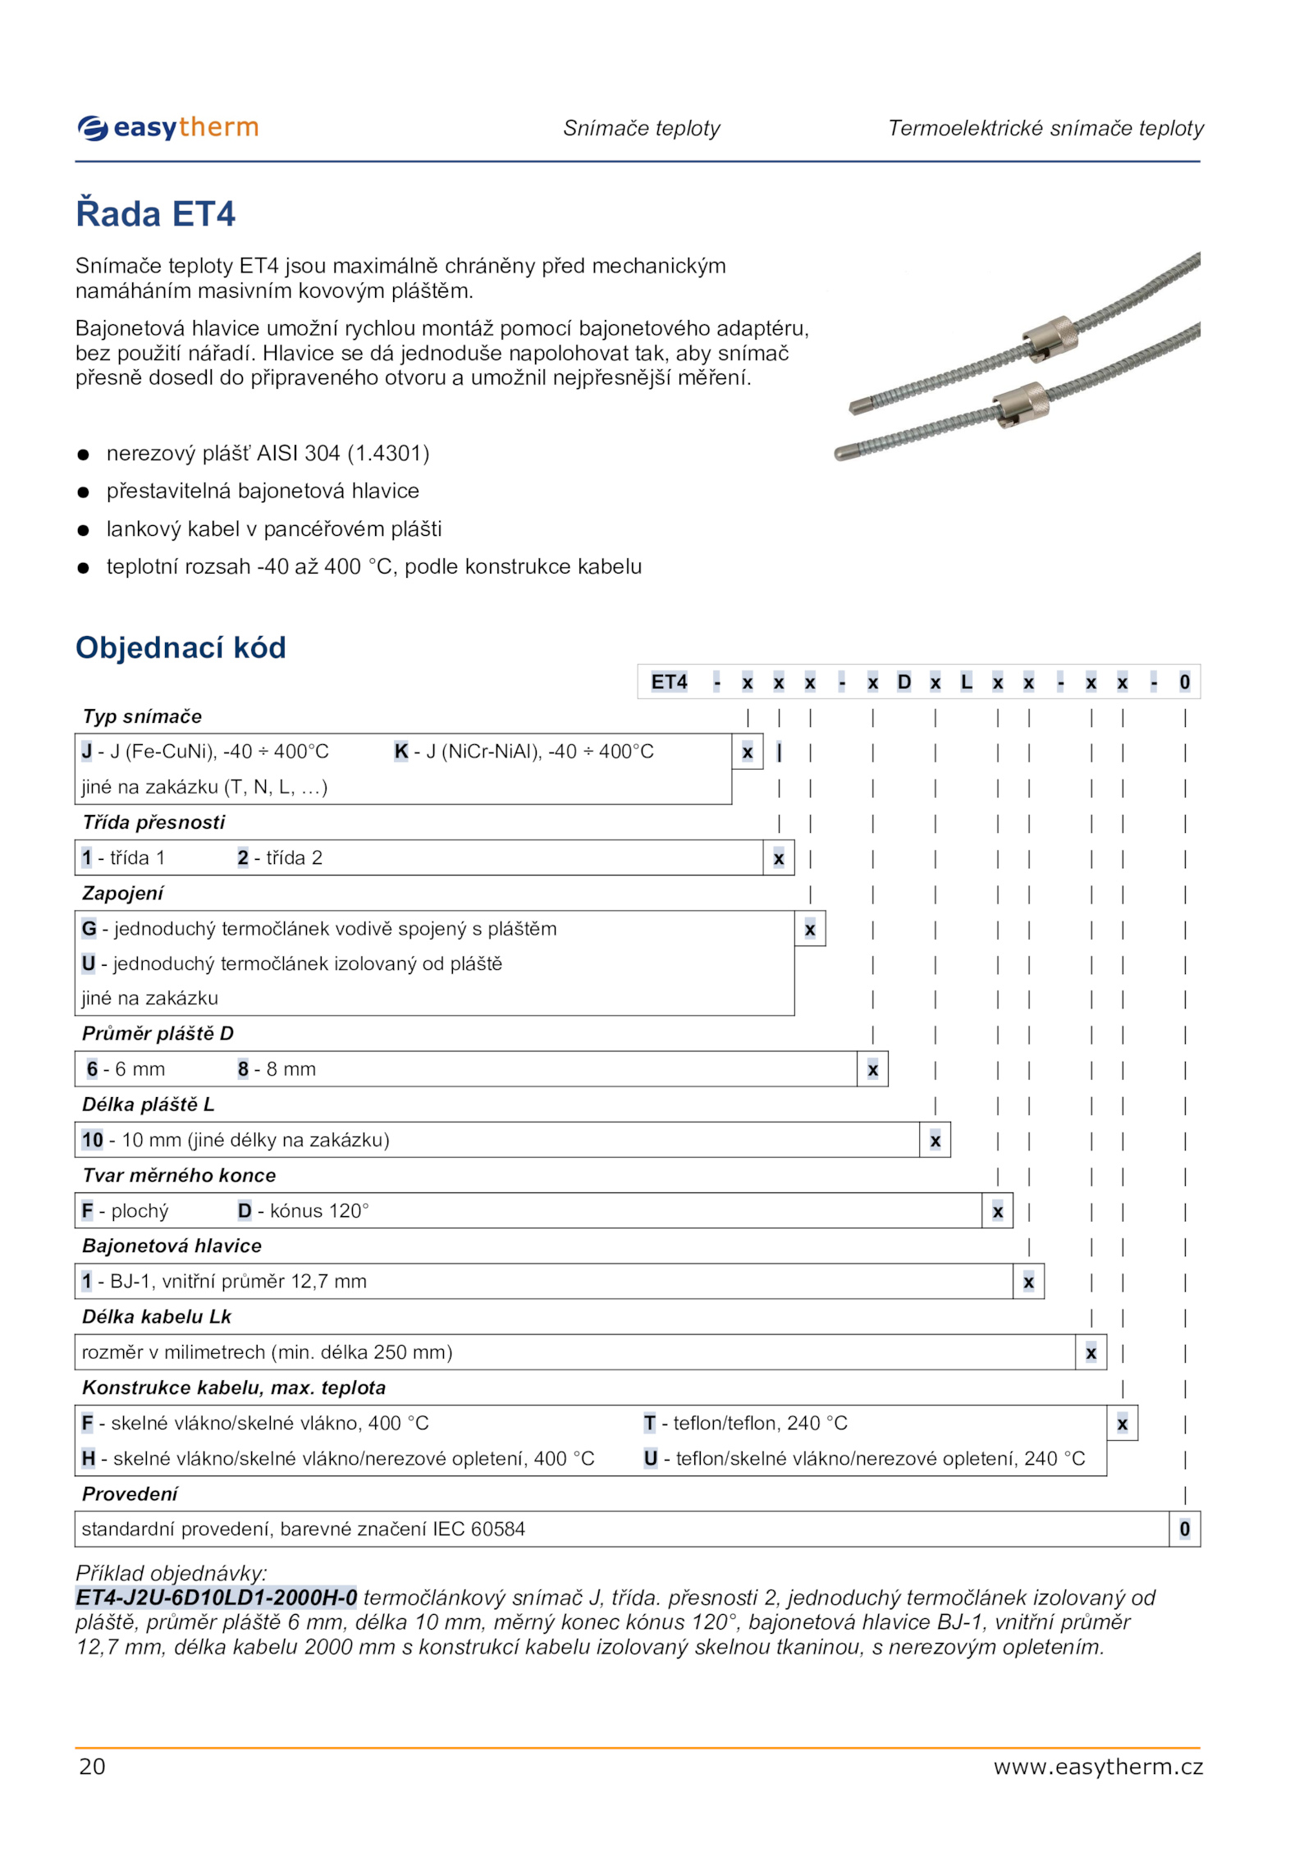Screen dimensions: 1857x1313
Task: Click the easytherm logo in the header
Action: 168,128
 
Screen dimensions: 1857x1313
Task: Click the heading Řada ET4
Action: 155,214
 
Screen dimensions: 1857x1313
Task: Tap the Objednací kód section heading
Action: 181,647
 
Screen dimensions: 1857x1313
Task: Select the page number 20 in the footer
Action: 92,1766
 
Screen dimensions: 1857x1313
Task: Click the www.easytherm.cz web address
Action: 1097,1766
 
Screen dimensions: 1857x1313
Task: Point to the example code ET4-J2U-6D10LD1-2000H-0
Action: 217,1597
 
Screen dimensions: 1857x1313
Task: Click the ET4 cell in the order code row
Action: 669,682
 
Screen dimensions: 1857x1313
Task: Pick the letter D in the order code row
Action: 904,682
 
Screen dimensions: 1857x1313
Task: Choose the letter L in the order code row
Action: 966,682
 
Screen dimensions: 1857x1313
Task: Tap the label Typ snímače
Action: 142,716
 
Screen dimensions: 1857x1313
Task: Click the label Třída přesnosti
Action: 153,822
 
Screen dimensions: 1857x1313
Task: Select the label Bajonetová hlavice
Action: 172,1246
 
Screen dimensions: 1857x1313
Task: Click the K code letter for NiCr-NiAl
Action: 401,752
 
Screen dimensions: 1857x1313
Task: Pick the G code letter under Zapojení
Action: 89,928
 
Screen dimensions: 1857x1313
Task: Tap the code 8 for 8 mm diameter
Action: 243,1069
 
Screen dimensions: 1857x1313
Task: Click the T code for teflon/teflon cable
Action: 649,1423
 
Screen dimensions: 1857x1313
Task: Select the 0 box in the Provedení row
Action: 1184,1529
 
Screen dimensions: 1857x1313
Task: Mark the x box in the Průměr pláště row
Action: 872,1069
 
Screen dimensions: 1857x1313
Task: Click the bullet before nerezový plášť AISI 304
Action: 83,455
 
